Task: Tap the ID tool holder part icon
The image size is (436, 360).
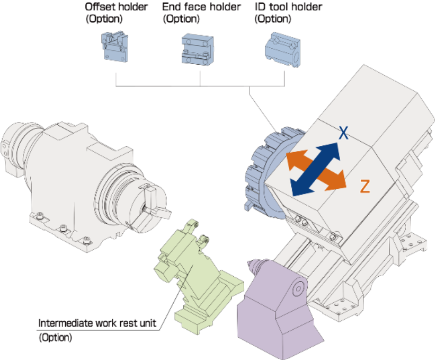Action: pyautogui.click(x=282, y=48)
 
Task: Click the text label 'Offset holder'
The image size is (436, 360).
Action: pyautogui.click(x=116, y=7)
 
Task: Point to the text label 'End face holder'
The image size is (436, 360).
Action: pyautogui.click(x=201, y=7)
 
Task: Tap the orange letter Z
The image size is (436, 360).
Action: pyautogui.click(x=364, y=186)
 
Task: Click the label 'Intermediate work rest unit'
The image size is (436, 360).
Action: pyautogui.click(x=97, y=323)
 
